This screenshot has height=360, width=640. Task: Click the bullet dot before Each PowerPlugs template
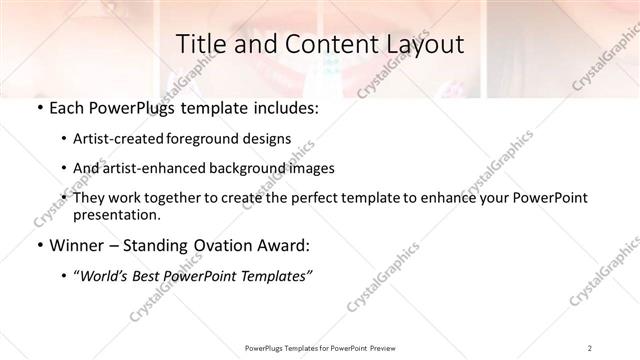(x=38, y=108)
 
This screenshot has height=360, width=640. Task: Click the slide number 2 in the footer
(x=590, y=347)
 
